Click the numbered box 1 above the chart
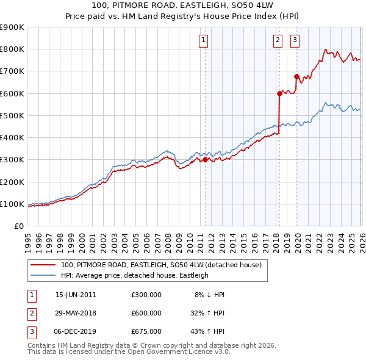[203, 41]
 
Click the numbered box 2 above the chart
[278, 41]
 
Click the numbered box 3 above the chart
[295, 41]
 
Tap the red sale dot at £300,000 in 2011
[205, 160]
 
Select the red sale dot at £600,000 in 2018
[279, 93]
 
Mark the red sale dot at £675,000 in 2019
[296, 77]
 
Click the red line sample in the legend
[43, 265]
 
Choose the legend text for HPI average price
[135, 275]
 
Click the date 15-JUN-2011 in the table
[76, 295]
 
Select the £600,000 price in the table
[146, 313]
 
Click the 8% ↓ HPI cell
[209, 295]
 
